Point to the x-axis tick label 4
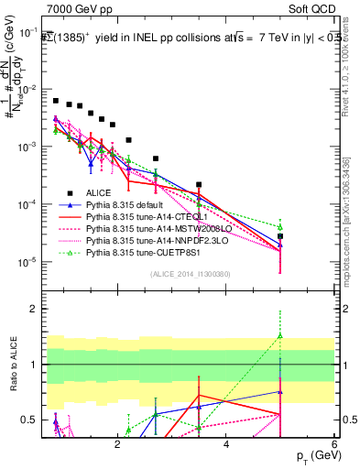coord(225,444)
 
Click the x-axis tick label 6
coord(334,444)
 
